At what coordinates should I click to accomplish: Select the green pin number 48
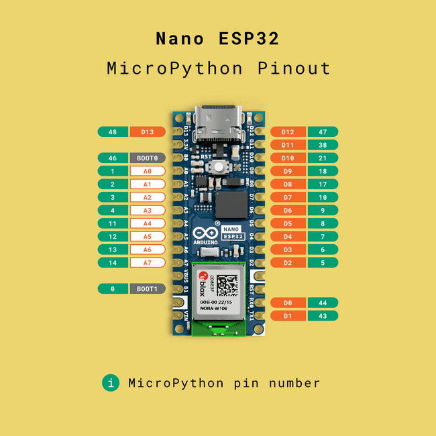(113, 132)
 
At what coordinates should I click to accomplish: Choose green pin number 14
(113, 262)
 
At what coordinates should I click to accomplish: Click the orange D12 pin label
(288, 132)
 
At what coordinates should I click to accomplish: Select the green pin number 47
(323, 132)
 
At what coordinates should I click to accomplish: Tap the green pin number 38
(323, 145)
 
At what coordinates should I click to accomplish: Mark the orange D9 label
(288, 171)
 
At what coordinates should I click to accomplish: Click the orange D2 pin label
(288, 262)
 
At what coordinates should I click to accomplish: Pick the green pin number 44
(323, 303)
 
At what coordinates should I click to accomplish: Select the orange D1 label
(288, 316)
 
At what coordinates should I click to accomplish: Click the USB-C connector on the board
(218, 121)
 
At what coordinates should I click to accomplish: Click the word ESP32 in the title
(248, 38)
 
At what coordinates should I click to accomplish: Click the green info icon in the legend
(110, 383)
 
